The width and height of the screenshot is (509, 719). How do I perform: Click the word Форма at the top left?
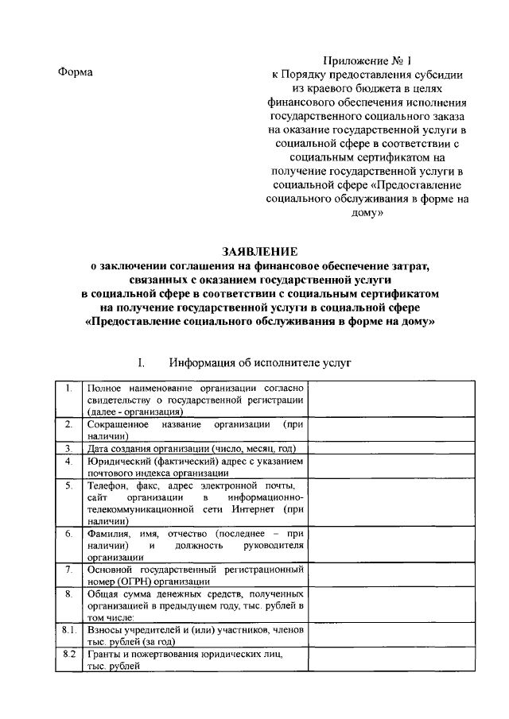click(76, 72)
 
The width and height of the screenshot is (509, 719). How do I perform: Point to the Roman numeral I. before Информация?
click(141, 363)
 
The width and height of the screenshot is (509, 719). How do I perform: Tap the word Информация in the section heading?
click(208, 363)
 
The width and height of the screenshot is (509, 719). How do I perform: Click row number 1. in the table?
click(69, 388)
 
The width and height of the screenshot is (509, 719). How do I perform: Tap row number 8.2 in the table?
click(69, 655)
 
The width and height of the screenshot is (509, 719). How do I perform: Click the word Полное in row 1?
click(105, 388)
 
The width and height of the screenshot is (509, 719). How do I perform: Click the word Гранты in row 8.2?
click(104, 655)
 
